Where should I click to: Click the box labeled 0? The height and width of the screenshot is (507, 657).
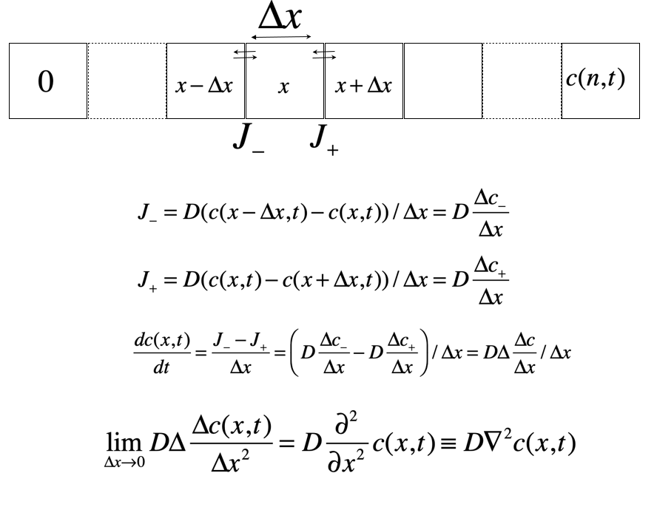pos(46,81)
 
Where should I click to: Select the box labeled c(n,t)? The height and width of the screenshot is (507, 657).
pos(599,81)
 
